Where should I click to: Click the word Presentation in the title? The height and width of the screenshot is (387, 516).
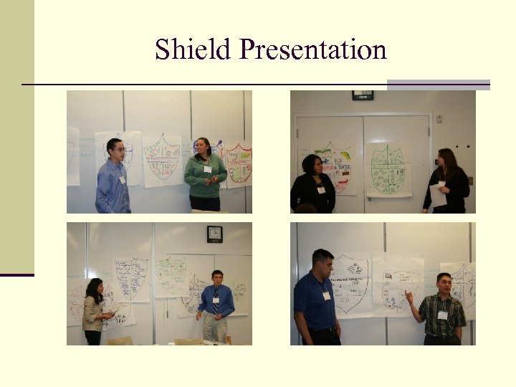coord(313,50)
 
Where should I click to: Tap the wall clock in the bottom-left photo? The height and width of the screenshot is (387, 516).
coord(214,234)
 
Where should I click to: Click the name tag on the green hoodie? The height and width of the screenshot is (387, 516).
coord(207,169)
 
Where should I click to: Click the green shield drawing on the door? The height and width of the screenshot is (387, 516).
coord(388,170)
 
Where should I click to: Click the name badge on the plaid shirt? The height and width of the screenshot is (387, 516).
coord(442,315)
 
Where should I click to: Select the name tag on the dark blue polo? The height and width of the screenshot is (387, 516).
coord(326,295)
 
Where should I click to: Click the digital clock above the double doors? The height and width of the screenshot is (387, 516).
coord(363,95)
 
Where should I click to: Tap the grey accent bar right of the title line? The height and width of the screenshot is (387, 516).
coord(438,85)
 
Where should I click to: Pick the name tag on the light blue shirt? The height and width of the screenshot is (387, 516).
coord(123,180)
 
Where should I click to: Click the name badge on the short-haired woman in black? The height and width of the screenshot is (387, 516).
coord(321,190)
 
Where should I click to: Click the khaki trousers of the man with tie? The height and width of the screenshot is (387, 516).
coord(215,329)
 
